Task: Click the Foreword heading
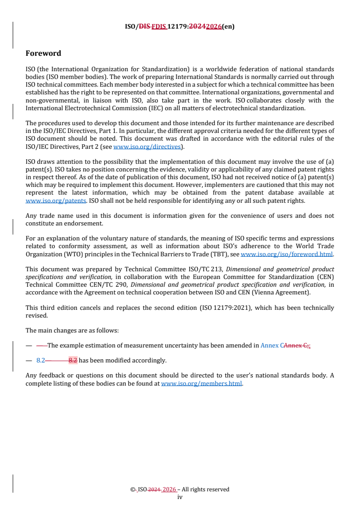click(x=43, y=53)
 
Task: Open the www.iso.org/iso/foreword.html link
click(x=286, y=254)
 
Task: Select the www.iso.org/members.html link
click(x=202, y=383)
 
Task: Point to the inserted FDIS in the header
click(x=159, y=26)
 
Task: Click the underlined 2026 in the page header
click(x=214, y=26)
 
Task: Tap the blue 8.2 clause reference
click(x=40, y=361)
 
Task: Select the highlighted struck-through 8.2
click(x=73, y=361)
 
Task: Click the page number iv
click(x=180, y=497)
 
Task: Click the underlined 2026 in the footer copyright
click(x=169, y=489)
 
